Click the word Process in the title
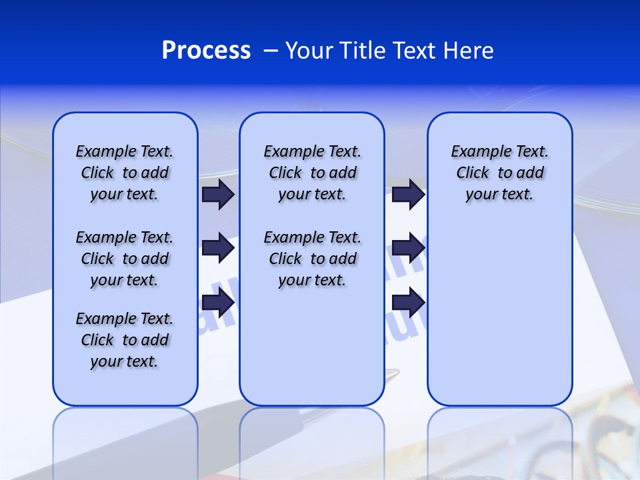pyautogui.click(x=206, y=51)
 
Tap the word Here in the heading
pyautogui.click(x=468, y=51)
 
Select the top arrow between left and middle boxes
pyautogui.click(x=218, y=195)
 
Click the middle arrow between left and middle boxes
pyautogui.click(x=218, y=248)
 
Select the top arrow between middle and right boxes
pyautogui.click(x=408, y=195)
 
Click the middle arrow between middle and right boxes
pyautogui.click(x=408, y=248)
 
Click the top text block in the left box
pyautogui.click(x=125, y=173)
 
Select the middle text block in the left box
pyautogui.click(x=125, y=259)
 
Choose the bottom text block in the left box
pyautogui.click(x=125, y=340)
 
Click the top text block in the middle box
pyautogui.click(x=312, y=173)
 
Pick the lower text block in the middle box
pyautogui.click(x=312, y=259)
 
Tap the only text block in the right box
pyautogui.click(x=499, y=173)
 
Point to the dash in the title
pyautogui.click(x=271, y=51)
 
